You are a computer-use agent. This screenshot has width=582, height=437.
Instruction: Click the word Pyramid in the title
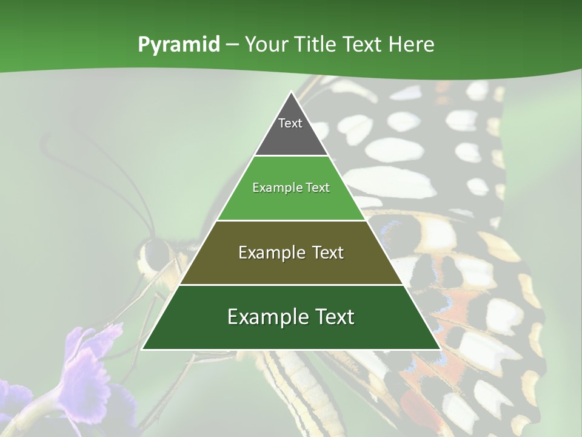point(178,45)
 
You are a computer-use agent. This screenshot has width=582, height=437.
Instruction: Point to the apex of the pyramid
point(291,92)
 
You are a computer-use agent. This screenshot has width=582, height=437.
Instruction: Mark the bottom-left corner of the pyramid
point(142,349)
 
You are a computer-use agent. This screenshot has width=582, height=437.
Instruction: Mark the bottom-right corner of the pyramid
point(440,349)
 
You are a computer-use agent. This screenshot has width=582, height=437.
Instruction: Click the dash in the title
point(232,45)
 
